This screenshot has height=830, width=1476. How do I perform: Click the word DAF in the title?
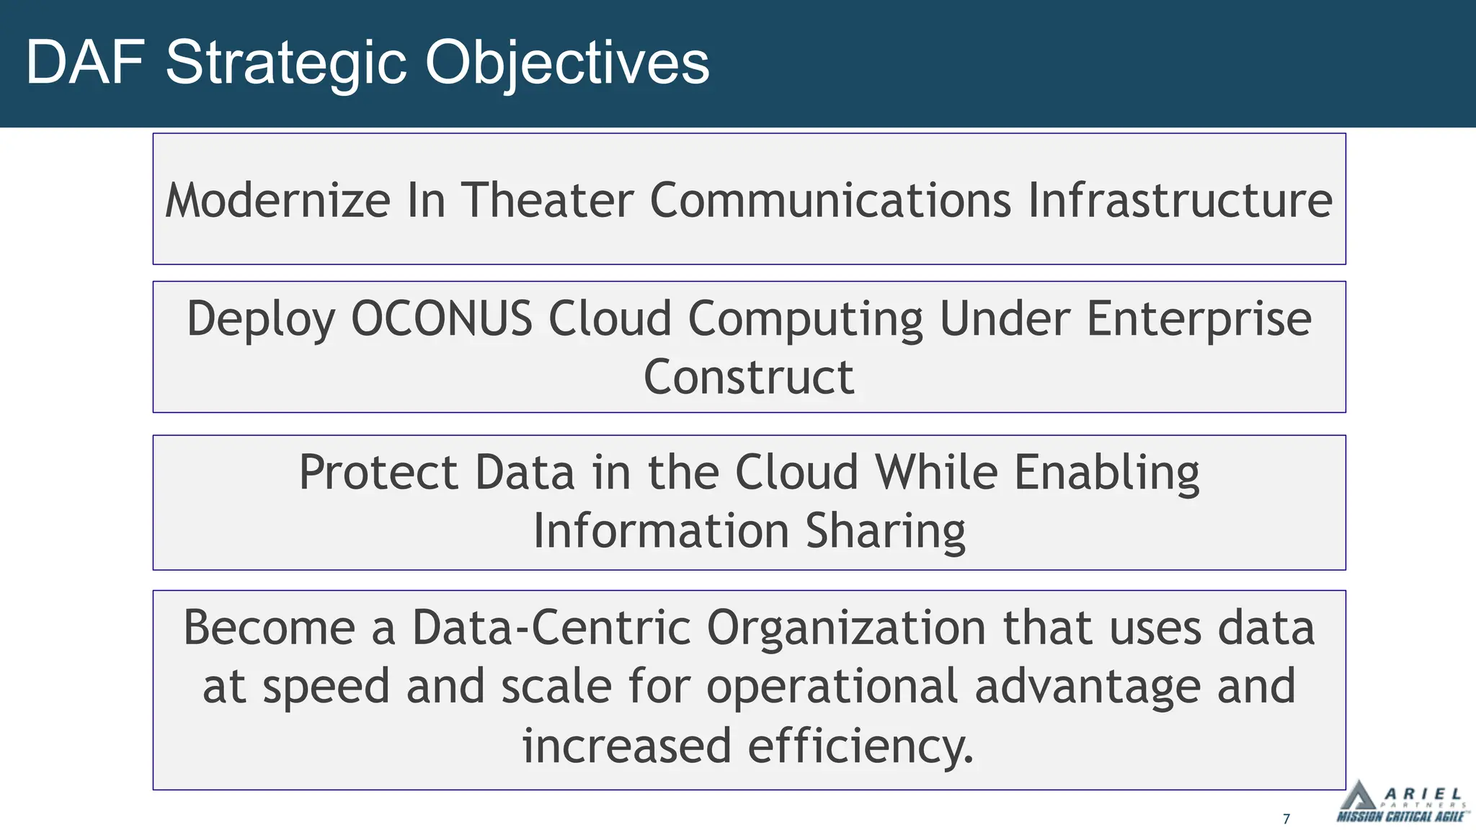tap(85, 63)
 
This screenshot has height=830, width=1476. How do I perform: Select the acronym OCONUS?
tap(441, 318)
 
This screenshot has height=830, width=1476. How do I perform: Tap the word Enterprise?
tap(1199, 318)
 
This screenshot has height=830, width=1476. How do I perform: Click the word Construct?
tap(748, 378)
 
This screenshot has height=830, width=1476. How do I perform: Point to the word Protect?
tap(378, 473)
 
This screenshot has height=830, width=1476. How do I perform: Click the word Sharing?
tap(885, 532)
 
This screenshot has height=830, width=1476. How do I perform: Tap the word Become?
tap(269, 628)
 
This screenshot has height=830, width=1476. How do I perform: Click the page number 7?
tap(1286, 818)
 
